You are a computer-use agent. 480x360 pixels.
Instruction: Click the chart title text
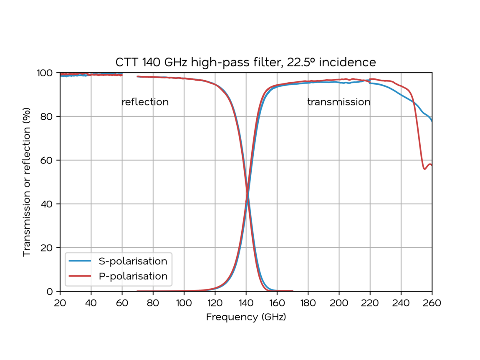pos(246,63)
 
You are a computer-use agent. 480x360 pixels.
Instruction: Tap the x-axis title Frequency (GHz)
pos(246,317)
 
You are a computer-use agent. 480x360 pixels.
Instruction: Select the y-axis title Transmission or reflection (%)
pos(27,182)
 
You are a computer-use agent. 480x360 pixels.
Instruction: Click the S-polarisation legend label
pos(133,261)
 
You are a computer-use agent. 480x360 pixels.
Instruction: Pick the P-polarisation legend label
pos(133,276)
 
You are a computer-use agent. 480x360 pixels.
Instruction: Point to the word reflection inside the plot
pos(145,102)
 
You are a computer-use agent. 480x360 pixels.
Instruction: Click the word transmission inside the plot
pos(339,102)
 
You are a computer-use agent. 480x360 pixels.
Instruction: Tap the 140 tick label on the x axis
pos(246,302)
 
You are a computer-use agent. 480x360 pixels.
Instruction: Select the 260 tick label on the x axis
pos(432,302)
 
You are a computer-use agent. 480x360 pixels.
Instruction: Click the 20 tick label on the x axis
pos(60,302)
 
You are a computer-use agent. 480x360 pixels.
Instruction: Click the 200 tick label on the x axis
pos(339,302)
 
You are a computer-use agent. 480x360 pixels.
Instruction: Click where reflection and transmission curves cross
pos(247,195)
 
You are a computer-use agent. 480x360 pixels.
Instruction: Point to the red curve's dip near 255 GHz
pos(424,169)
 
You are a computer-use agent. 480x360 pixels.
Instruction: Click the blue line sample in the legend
pos(80,261)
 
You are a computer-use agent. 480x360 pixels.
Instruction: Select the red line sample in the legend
pos(80,276)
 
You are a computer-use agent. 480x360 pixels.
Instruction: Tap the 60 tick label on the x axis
pos(122,302)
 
